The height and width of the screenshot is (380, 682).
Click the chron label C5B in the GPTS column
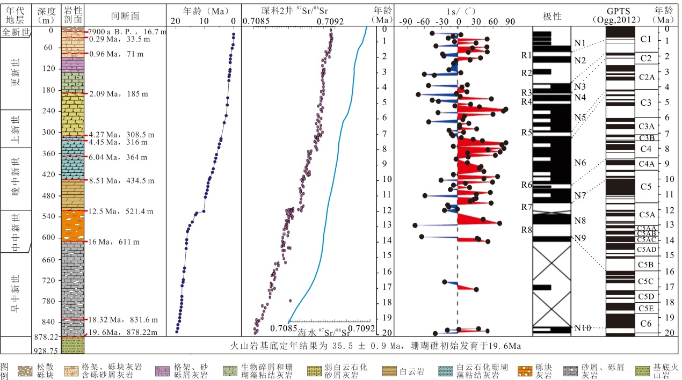coord(645,265)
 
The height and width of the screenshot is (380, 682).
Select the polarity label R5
coord(526,132)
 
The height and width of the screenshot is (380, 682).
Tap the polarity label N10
coord(582,328)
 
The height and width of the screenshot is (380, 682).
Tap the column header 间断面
coord(125,16)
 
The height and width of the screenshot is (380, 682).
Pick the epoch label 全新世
coord(16,32)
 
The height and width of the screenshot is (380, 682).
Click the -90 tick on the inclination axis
coord(407,21)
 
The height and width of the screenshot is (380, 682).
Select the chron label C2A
coord(647,77)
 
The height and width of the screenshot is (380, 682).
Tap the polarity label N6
coord(580,163)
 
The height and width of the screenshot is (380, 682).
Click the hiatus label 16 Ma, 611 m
coord(113,242)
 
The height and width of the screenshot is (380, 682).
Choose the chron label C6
coord(646,323)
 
